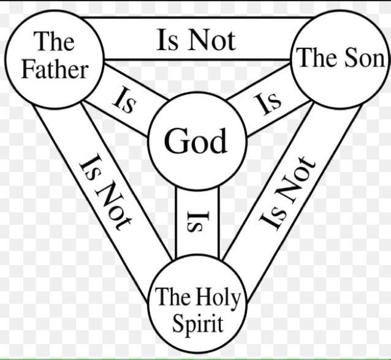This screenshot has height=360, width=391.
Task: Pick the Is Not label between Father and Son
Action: point(195,40)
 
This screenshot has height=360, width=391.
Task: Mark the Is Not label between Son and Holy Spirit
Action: point(286,191)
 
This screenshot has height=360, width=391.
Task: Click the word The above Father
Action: point(55,43)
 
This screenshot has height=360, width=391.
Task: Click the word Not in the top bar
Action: point(211,40)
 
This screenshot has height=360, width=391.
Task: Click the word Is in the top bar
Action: point(167,40)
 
